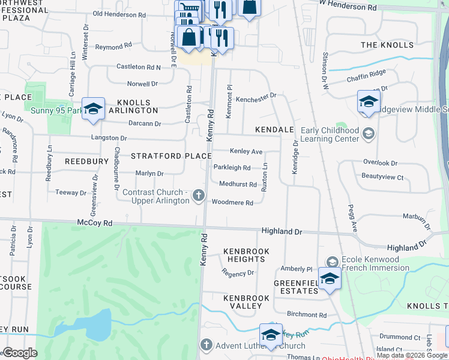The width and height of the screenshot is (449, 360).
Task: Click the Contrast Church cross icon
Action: point(198,196)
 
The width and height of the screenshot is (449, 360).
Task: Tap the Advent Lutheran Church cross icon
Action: point(206,345)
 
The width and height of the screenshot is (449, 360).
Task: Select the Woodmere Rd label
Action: point(232,203)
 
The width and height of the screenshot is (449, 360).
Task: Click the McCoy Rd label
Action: point(95,223)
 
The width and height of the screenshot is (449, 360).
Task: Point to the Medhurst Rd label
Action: point(238,185)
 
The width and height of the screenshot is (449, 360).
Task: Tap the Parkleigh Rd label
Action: point(232,167)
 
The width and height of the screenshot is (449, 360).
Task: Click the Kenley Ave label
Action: point(246,151)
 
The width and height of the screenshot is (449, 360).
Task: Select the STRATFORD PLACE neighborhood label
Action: point(172,156)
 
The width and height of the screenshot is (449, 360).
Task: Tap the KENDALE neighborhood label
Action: point(274,130)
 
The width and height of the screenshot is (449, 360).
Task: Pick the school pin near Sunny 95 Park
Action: point(93,109)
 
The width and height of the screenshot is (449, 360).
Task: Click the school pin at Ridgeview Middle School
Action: point(369,101)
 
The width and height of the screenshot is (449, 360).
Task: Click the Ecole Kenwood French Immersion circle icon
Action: point(332,261)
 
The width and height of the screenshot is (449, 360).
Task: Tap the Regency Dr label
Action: point(238,273)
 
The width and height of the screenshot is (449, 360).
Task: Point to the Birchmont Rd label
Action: point(306,314)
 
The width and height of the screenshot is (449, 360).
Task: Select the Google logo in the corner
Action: point(20,353)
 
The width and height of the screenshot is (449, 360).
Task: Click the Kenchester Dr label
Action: point(256,95)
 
